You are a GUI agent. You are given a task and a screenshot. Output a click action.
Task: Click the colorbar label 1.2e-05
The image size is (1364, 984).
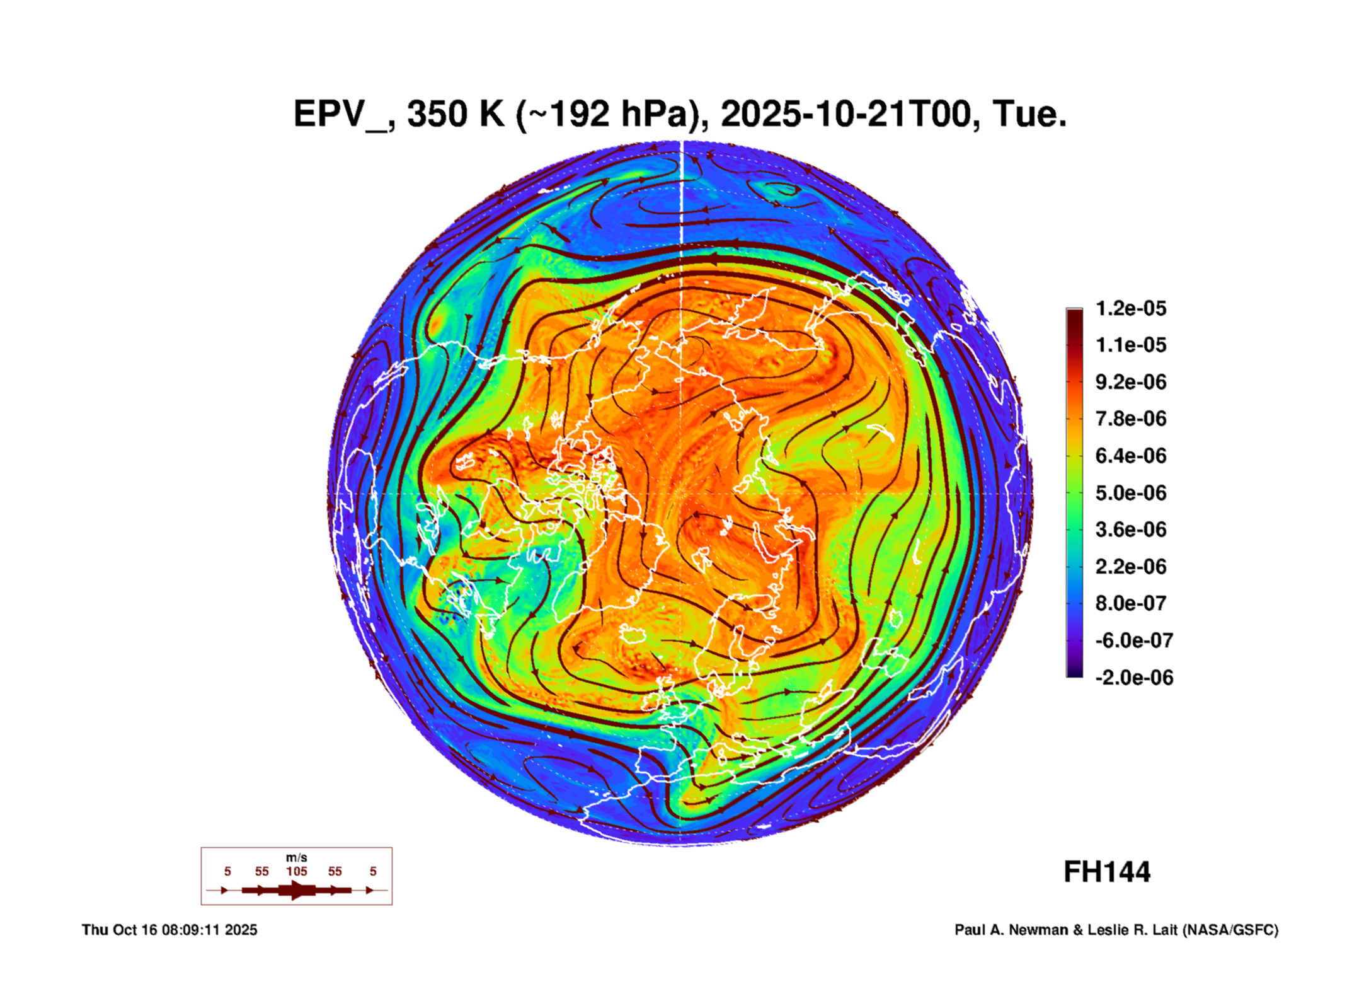click(1130, 308)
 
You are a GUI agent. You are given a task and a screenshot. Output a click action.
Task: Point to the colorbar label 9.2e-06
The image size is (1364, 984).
click(1130, 382)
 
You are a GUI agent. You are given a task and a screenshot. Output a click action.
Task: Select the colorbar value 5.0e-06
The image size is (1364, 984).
click(1130, 493)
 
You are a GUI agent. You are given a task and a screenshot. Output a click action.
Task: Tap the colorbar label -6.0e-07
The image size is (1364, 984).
click(1133, 640)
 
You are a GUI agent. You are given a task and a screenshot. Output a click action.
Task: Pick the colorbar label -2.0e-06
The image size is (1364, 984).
click(1133, 678)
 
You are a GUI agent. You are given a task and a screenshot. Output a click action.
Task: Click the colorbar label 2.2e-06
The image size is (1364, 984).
click(1130, 567)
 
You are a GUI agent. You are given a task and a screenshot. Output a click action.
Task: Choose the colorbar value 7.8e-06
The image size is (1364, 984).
click(1130, 419)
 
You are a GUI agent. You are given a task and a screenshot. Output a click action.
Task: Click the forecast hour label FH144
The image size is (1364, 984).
click(1107, 872)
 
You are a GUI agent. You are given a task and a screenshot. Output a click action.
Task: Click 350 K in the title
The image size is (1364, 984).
click(456, 115)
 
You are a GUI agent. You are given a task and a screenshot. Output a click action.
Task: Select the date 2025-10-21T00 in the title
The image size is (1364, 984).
click(849, 115)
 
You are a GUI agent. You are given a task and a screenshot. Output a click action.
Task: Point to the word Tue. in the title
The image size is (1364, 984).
click(1029, 115)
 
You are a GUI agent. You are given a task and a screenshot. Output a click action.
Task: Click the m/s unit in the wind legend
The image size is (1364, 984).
click(297, 857)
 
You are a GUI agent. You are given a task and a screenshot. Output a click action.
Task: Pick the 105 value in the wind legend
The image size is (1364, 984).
click(297, 871)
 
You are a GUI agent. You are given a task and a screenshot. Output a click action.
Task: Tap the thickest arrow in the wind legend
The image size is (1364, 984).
click(297, 890)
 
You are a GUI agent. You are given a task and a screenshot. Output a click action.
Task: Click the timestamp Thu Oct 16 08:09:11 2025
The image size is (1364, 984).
click(169, 930)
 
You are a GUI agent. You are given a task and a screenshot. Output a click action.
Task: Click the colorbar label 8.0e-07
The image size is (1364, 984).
click(1130, 603)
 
